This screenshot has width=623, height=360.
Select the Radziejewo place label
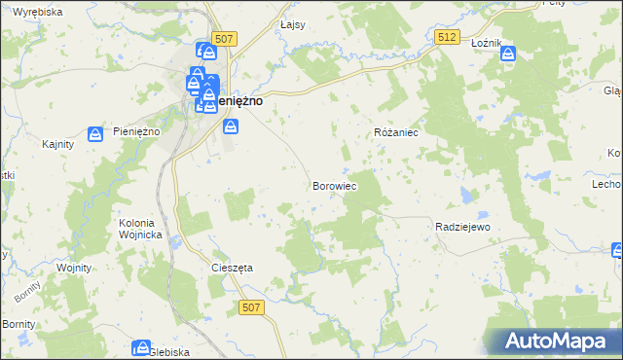[461, 226]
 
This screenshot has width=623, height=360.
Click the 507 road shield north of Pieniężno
[224, 39]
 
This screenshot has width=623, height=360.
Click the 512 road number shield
[447, 37]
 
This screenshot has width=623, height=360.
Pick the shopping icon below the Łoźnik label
[508, 54]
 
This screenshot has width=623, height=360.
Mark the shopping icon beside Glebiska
[142, 347]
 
